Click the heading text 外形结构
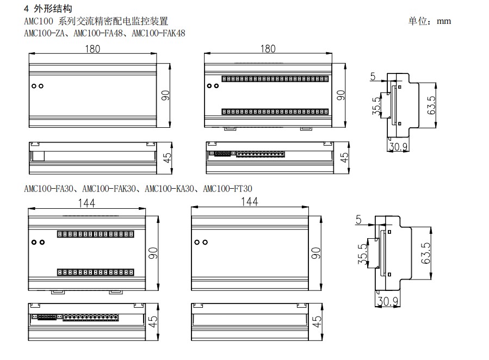point(51,9)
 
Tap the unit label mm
point(444,21)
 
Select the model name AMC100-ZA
point(44,34)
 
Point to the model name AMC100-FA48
point(99,34)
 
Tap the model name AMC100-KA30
point(170,189)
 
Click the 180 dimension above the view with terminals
point(268,49)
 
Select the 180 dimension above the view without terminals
point(92,49)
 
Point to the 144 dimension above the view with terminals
point(86,203)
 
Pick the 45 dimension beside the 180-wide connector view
point(344,158)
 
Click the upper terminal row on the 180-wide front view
point(274,78)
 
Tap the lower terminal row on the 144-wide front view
point(96,271)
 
